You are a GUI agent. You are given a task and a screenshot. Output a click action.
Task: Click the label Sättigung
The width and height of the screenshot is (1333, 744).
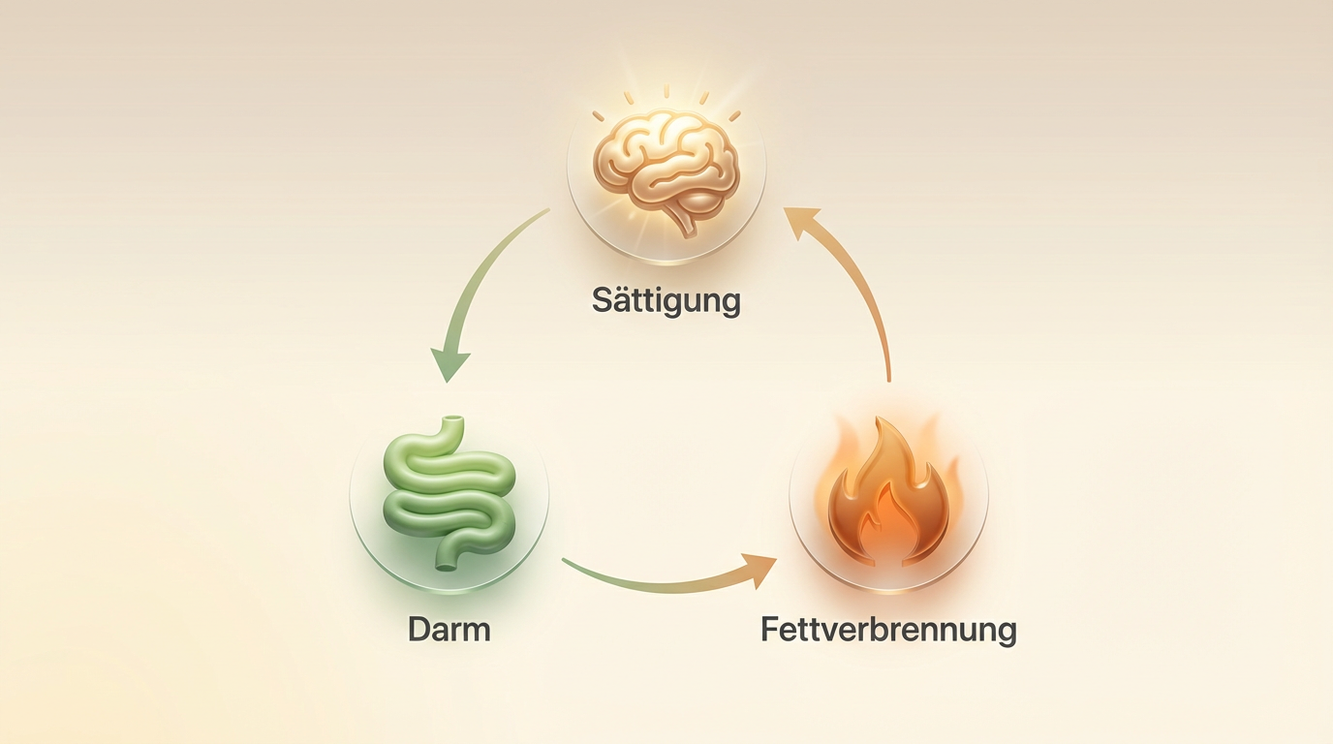(x=666, y=300)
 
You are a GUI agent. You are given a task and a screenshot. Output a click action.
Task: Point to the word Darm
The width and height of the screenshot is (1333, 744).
(x=449, y=629)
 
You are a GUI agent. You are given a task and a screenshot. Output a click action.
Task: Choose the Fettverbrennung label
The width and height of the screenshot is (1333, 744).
(x=888, y=630)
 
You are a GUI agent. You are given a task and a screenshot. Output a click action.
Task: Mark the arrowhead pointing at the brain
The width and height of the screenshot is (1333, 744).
(x=802, y=225)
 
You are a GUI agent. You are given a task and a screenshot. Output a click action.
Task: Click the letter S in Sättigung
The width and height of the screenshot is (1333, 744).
(x=603, y=299)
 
